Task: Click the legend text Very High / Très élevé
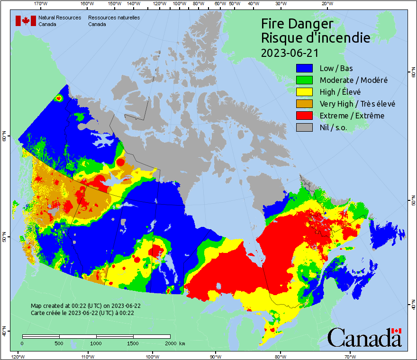click(x=357, y=104)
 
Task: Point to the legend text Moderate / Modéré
click(x=354, y=80)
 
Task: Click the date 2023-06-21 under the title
click(x=290, y=52)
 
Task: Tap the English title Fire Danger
click(x=297, y=24)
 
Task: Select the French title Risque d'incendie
click(x=316, y=38)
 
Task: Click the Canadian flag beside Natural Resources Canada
click(x=26, y=21)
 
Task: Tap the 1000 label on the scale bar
click(x=96, y=343)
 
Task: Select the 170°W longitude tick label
click(x=41, y=4)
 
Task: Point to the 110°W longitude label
click(x=87, y=356)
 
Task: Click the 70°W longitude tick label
click(x=350, y=356)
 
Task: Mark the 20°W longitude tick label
click(x=326, y=4)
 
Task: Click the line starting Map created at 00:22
click(x=86, y=306)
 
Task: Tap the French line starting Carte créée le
click(x=82, y=313)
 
